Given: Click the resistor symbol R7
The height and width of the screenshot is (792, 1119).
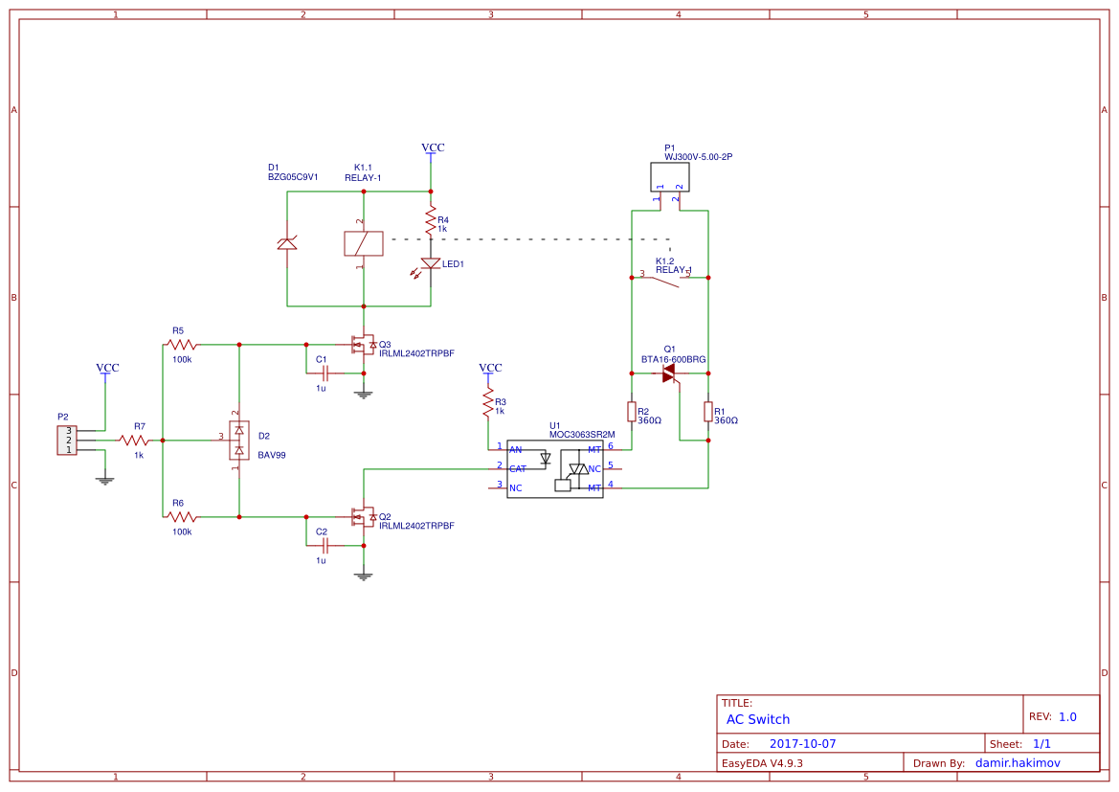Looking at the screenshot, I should click(x=134, y=441).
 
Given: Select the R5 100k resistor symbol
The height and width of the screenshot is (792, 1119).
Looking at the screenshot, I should click(x=182, y=344).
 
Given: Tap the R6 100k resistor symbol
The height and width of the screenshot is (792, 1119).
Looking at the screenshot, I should click(x=182, y=516).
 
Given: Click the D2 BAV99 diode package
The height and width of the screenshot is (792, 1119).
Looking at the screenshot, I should click(x=238, y=441).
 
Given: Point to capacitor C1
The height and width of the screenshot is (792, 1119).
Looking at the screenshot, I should click(x=325, y=373).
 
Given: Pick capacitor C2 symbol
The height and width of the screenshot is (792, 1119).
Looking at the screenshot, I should click(x=325, y=545).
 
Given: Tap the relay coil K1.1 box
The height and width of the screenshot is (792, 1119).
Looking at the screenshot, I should click(x=363, y=244).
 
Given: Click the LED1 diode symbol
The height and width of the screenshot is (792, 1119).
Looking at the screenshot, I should click(x=431, y=263).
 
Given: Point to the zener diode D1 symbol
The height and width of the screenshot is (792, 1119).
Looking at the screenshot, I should click(x=286, y=243).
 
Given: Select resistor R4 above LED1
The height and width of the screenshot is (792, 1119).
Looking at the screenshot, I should click(x=431, y=222).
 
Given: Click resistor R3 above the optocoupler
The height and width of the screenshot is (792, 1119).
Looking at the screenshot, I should click(x=488, y=403).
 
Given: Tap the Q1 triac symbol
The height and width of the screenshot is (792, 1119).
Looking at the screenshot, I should click(x=670, y=373).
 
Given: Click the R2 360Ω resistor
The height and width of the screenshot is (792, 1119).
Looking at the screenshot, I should click(x=632, y=412).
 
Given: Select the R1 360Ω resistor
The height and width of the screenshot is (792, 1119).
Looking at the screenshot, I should click(x=708, y=412).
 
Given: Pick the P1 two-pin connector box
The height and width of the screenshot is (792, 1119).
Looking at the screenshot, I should click(x=670, y=176).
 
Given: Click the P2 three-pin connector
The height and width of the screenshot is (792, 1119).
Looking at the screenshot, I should click(x=67, y=441).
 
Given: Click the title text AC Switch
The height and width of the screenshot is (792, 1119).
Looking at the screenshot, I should click(x=758, y=719).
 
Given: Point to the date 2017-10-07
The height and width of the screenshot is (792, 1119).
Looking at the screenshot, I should click(x=802, y=744).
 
